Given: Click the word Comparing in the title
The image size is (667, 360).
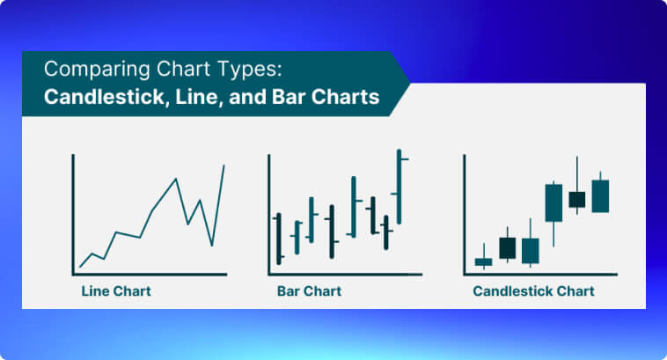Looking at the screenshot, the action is coord(97,70).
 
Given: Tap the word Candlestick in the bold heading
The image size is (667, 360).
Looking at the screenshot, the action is coord(104,97).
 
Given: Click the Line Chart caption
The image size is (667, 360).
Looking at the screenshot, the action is coord(116,291).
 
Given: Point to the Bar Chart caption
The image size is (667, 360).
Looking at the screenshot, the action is coord(309,291).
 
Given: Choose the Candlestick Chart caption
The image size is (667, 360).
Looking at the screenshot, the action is coord(533,291).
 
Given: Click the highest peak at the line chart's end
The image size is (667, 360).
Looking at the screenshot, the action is coord(224,165).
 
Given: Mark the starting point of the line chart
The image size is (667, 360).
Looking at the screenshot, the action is coord(80,267).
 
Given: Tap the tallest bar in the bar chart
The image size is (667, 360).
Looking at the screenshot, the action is coord(399,187).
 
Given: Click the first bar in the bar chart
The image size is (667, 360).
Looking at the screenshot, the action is coord(279,239).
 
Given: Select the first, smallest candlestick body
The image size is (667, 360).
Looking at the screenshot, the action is coord(483,261).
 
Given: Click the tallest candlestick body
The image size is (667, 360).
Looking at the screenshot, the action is coord(553,202).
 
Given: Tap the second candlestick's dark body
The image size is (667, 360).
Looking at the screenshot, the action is coord(508,248).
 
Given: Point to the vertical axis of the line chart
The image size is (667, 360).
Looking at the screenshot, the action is coord(73,215).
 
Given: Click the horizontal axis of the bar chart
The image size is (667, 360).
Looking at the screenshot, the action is coord(345,275).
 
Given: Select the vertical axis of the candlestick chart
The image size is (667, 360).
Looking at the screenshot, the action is coord(465,215).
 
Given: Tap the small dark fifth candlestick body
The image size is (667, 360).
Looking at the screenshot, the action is coord(577,200).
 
